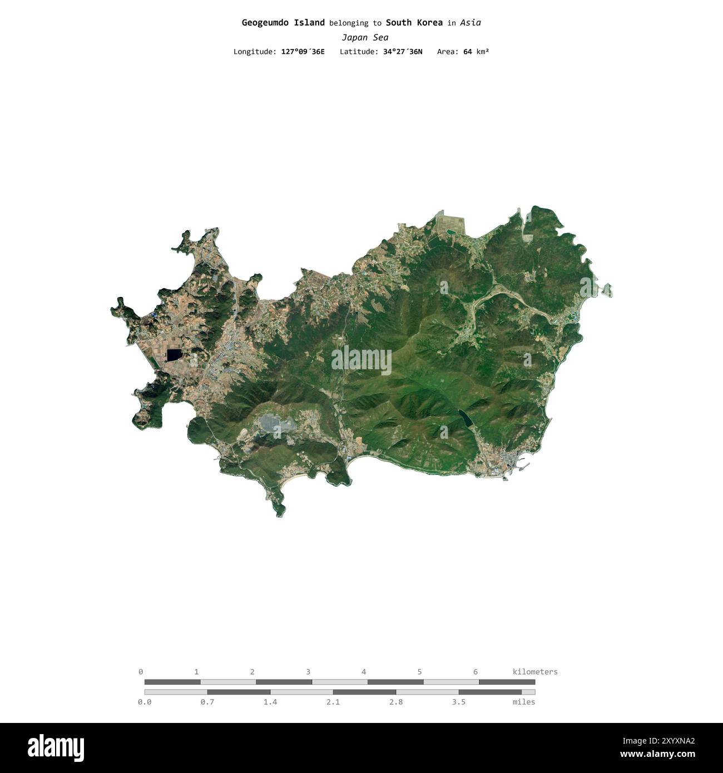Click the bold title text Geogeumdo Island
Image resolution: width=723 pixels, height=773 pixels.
[x=283, y=23]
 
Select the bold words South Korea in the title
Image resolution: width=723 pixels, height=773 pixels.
[x=414, y=23]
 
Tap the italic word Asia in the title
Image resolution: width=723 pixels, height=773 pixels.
[x=470, y=23]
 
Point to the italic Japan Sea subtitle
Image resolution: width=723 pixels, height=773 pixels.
[x=365, y=38]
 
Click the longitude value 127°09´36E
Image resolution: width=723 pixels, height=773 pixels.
[x=303, y=52]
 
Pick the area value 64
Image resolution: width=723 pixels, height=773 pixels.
[x=467, y=52]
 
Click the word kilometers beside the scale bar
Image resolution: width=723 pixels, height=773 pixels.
[x=534, y=672]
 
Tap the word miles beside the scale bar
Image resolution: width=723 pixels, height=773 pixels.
[x=523, y=702]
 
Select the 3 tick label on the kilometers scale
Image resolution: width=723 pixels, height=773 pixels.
[x=308, y=672]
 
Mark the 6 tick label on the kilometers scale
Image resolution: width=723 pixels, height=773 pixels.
[x=476, y=672]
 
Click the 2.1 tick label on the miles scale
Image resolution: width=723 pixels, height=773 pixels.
[x=333, y=702]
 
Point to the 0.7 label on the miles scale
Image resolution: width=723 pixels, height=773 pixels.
[x=207, y=702]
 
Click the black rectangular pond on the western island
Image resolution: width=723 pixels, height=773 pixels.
[x=174, y=355]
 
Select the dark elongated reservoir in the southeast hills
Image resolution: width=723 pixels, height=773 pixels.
[x=464, y=418]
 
